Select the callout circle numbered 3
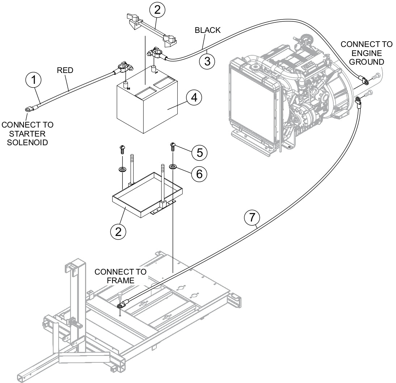(x=207, y=61)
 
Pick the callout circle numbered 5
(x=199, y=152)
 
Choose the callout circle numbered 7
(x=252, y=218)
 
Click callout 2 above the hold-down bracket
(x=157, y=10)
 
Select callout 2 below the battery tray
(x=118, y=231)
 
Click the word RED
(x=65, y=70)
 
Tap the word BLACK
(x=207, y=30)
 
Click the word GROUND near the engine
(x=366, y=62)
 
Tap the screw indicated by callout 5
(x=173, y=146)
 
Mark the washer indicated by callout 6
(x=173, y=167)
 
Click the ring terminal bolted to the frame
(x=121, y=306)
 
